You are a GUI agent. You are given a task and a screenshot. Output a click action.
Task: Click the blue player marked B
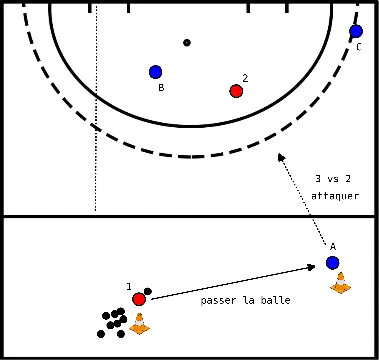tap(155, 72)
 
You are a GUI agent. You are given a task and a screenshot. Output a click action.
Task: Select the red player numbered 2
tap(236, 91)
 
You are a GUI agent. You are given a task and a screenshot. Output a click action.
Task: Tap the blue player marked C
tap(356, 32)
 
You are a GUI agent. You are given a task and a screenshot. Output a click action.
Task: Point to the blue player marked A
tap(332, 263)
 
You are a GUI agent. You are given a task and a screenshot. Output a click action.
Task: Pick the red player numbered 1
tap(139, 298)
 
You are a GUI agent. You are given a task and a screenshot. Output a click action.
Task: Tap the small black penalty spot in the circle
tap(186, 42)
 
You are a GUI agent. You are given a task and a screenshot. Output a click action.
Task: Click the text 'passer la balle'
tap(244, 301)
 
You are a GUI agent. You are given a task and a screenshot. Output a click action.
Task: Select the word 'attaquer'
tap(334, 196)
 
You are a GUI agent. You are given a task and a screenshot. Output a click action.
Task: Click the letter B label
tap(160, 88)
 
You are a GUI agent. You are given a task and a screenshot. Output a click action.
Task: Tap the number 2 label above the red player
tap(245, 77)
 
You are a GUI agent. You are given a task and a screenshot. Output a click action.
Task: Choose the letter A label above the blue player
tap(332, 246)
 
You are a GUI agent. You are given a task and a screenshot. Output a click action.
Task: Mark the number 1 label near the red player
tap(130, 287)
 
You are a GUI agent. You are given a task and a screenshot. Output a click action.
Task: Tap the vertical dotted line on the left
tap(95, 110)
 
